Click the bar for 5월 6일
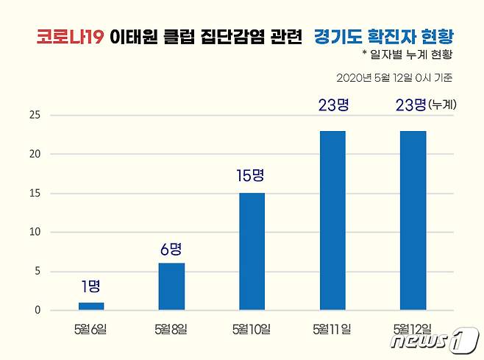[x=91, y=306]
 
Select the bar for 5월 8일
[x=171, y=286]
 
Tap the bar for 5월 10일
[x=252, y=251]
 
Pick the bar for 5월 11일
[x=332, y=220]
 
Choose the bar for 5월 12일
[x=412, y=220]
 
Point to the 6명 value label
[x=171, y=249]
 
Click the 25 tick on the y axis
[x=34, y=115]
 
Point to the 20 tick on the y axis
[x=34, y=154]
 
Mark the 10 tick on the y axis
[x=34, y=232]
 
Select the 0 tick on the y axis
[x=36, y=310]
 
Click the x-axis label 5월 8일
[x=171, y=328]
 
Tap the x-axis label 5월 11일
[x=332, y=328]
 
